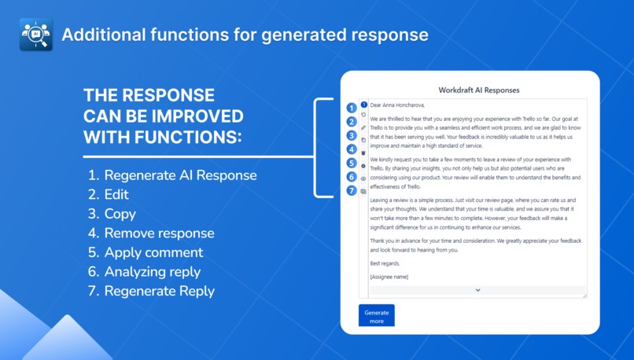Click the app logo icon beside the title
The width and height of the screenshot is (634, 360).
point(35,35)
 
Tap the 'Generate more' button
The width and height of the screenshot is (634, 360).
point(376,316)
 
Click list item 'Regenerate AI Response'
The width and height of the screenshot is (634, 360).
point(180,174)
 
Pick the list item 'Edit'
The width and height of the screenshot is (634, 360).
point(116,194)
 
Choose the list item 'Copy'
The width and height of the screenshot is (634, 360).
point(120,214)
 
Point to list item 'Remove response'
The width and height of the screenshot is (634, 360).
point(159,233)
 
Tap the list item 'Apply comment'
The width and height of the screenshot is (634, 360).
point(153,252)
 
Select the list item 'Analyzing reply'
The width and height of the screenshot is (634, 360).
point(152,272)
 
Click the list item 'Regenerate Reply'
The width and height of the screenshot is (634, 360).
point(159,292)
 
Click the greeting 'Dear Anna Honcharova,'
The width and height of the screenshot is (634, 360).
point(397,105)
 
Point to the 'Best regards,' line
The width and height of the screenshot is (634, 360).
point(385,263)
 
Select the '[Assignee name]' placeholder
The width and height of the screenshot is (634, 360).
point(389,277)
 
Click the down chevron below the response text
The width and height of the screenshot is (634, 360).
point(477,290)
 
